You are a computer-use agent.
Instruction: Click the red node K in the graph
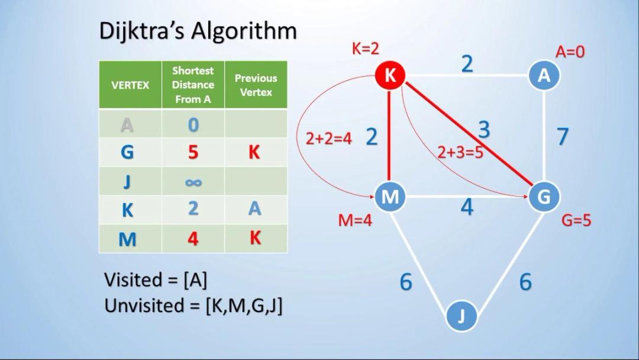pyautogui.click(x=390, y=75)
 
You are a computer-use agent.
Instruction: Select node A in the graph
pyautogui.click(x=543, y=76)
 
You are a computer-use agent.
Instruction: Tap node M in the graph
pyautogui.click(x=389, y=197)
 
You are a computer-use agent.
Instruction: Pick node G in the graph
pyautogui.click(x=543, y=197)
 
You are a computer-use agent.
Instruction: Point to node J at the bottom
pyautogui.click(x=461, y=316)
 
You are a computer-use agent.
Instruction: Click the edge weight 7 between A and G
pyautogui.click(x=563, y=136)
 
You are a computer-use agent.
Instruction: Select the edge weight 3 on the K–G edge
pyautogui.click(x=484, y=130)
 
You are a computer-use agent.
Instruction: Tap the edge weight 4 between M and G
pyautogui.click(x=467, y=207)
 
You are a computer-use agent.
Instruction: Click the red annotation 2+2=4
pyautogui.click(x=328, y=139)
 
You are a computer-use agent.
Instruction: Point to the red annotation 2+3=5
pyautogui.click(x=460, y=152)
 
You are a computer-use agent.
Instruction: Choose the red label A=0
pyautogui.click(x=570, y=52)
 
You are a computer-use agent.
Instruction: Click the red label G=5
pyautogui.click(x=576, y=221)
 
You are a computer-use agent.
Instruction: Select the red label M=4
pyautogui.click(x=355, y=221)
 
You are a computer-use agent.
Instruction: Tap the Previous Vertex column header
pyautogui.click(x=256, y=85)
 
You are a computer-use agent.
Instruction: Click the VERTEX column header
pyautogui.click(x=130, y=85)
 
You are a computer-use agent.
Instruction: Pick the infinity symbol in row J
pyautogui.click(x=193, y=182)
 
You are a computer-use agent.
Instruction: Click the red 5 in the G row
pyautogui.click(x=193, y=153)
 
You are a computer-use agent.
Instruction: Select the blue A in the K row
pyautogui.click(x=254, y=208)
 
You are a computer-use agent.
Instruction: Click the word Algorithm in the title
pyautogui.click(x=245, y=31)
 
